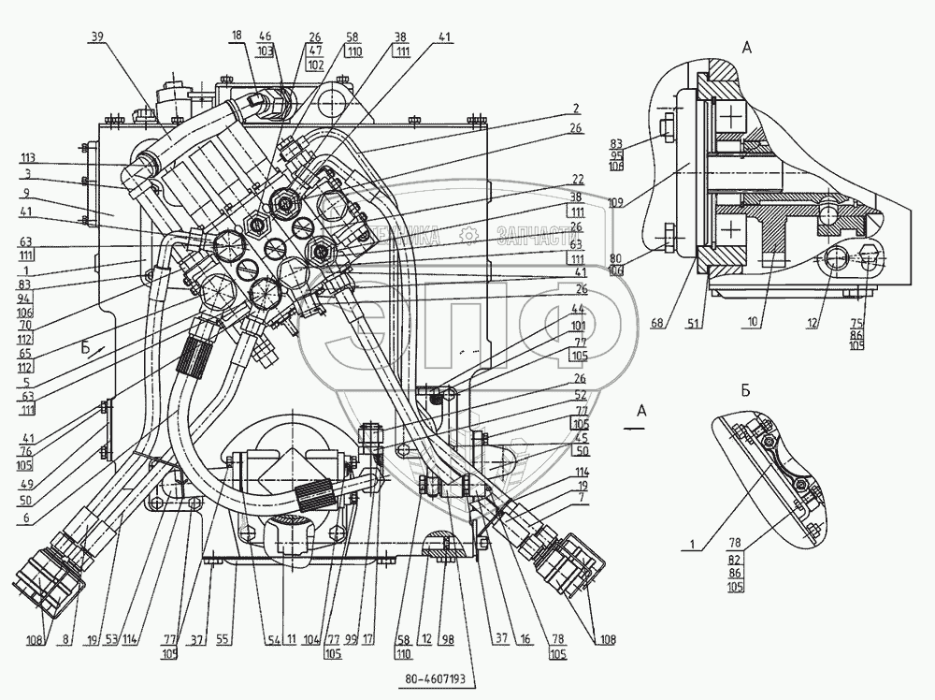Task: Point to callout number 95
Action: [643, 154]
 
